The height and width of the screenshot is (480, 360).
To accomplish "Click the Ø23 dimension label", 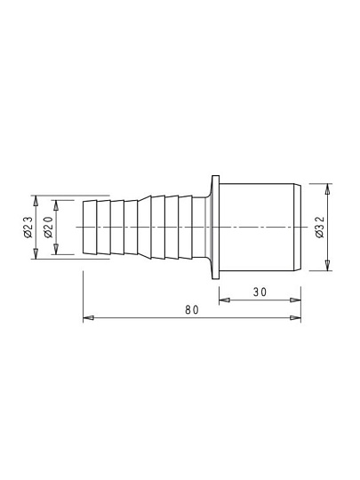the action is (x=28, y=228).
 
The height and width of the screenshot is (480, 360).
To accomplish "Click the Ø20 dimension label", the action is (x=49, y=228).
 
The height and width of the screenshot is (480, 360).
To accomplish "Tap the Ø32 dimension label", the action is (x=320, y=228).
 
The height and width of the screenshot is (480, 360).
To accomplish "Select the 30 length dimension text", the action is (x=260, y=292).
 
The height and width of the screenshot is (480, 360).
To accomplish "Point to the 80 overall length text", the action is (x=192, y=310).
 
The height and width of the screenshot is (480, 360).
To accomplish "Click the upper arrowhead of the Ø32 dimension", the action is (x=327, y=189).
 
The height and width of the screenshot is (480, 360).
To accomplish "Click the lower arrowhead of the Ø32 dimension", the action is (x=327, y=265).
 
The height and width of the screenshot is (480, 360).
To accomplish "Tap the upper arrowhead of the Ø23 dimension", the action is (x=36, y=201).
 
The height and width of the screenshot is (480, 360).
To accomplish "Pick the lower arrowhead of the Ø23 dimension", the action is (x=36, y=253).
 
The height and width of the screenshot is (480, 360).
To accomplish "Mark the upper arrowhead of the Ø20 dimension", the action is (x=56, y=206).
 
